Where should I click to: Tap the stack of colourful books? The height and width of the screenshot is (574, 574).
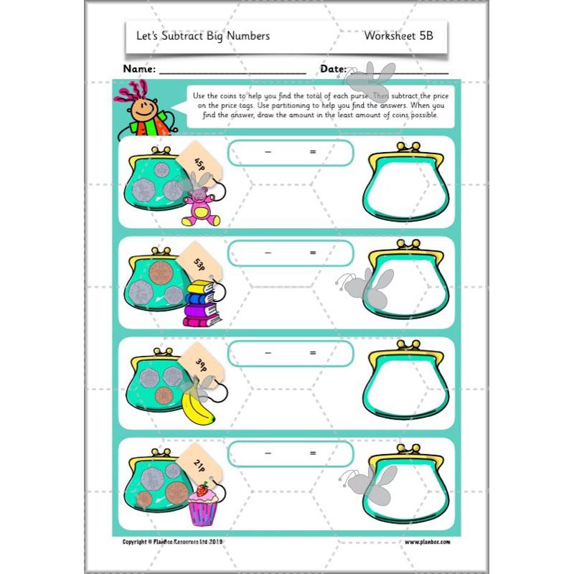point(200,304)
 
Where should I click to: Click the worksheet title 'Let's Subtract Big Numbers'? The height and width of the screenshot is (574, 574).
point(203,35)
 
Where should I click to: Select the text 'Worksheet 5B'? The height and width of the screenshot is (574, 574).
point(398,35)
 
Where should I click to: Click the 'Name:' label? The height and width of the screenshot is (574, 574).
point(139,70)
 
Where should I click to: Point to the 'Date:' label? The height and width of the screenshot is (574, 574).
point(333,70)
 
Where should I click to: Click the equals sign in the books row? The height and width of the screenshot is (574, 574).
point(313,253)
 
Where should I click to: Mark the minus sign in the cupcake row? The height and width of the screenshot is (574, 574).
point(268,453)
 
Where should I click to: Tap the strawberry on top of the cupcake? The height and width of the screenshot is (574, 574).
point(202,491)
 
